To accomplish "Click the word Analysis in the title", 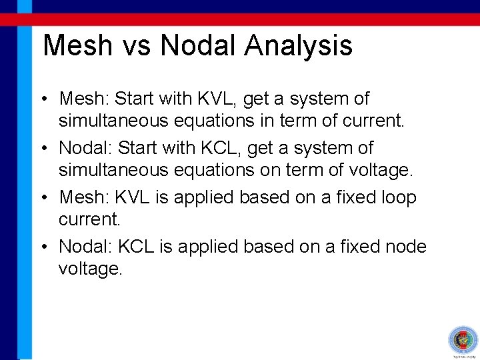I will point(298,46).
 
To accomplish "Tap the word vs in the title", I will point(136,46).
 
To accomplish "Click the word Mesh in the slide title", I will point(76,46).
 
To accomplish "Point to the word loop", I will point(397,197).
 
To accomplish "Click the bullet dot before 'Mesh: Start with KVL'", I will point(42,99).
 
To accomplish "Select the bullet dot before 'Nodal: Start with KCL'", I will point(42,149).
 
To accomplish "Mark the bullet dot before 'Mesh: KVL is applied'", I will point(42,198).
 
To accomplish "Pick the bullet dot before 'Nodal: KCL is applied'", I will point(42,247).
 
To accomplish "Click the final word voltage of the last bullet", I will point(91,269).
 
